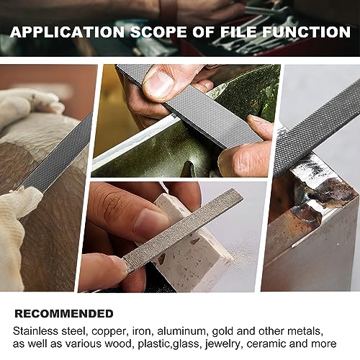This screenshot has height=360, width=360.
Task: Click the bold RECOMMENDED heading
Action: pyautogui.click(x=64, y=313)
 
